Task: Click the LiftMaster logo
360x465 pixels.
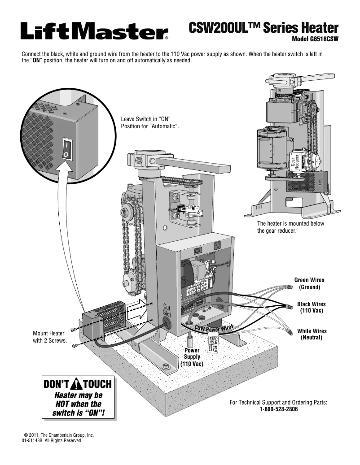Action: tap(94, 31)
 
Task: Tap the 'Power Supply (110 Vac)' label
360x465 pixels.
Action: tap(192, 357)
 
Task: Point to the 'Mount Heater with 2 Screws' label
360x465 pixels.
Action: tap(49, 337)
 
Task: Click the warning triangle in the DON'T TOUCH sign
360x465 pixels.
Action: tap(78, 385)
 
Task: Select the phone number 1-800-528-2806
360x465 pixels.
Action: tap(278, 410)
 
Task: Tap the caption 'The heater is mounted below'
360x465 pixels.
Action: tap(290, 224)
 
